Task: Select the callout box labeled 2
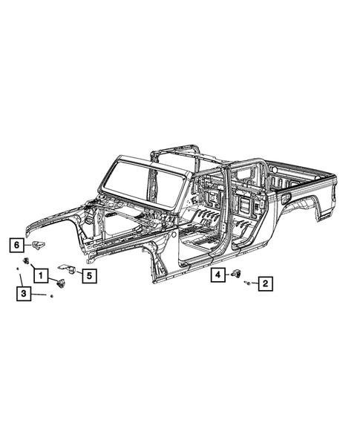coord(264,283)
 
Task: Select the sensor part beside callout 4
coord(238,275)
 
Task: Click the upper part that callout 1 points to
coord(27,260)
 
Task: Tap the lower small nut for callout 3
coord(50,296)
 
